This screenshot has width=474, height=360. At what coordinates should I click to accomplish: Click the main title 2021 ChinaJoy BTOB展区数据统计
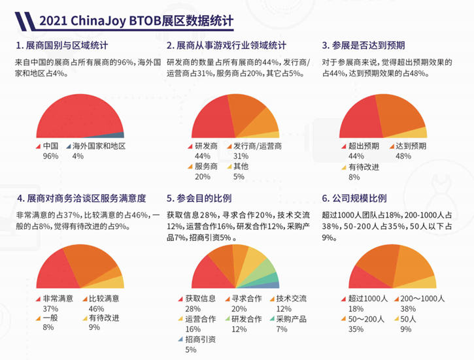point(136,20)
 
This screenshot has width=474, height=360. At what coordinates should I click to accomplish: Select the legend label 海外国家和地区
point(99,146)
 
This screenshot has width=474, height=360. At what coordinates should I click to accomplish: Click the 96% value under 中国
point(50,156)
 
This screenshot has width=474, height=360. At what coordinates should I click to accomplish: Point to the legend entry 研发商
point(206,146)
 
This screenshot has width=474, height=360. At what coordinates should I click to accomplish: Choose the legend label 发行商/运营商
point(258,146)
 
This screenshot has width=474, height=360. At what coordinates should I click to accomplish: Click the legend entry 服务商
point(206,166)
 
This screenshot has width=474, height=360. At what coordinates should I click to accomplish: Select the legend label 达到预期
point(412,146)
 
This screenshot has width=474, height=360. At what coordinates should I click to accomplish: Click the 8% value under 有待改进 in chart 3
point(354,176)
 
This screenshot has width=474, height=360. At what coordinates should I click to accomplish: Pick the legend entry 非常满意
point(59,299)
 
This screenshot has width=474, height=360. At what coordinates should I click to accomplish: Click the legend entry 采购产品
point(291,319)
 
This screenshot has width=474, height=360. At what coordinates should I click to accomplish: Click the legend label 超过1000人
point(364,299)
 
